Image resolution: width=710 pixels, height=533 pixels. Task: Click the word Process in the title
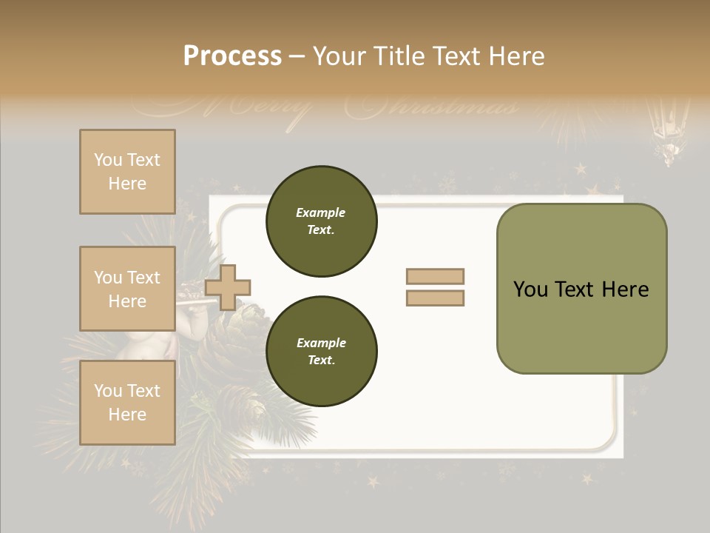click(232, 56)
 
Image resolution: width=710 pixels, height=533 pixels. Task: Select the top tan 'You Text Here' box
click(127, 172)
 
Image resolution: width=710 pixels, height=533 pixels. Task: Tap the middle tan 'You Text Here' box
click(127, 289)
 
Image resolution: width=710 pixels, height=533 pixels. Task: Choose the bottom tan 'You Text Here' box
click(127, 403)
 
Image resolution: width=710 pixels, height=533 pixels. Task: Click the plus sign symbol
click(228, 287)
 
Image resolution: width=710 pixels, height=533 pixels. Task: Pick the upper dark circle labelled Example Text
click(321, 221)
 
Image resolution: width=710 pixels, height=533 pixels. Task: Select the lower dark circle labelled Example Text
click(321, 352)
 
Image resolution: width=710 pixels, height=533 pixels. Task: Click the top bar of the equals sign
click(435, 277)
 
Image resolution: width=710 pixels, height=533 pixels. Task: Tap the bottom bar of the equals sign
click(435, 298)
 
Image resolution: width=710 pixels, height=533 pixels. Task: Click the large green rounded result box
click(581, 326)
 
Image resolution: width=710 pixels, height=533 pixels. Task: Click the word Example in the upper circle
click(321, 212)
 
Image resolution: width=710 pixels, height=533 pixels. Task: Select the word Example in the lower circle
click(321, 343)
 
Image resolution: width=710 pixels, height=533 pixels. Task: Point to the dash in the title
click(297, 57)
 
